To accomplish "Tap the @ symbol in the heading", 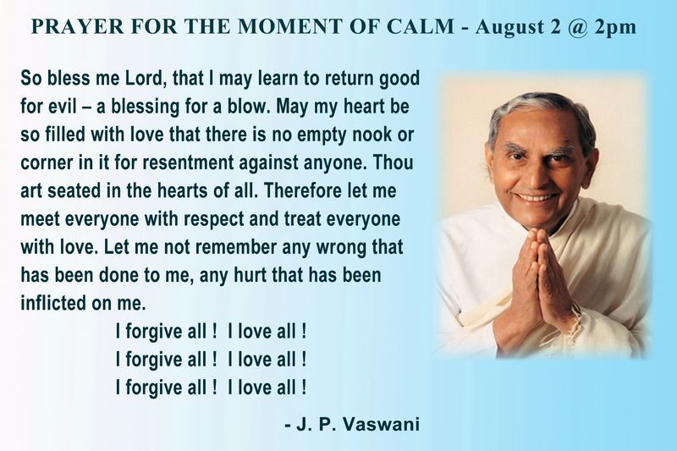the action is (x=579, y=28).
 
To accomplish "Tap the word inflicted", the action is (x=53, y=304).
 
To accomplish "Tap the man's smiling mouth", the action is (x=537, y=198).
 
